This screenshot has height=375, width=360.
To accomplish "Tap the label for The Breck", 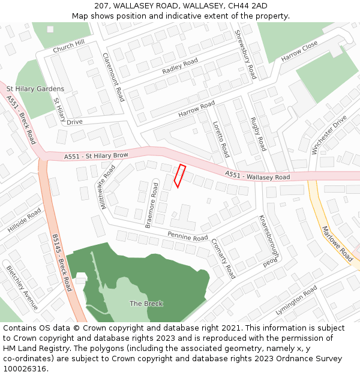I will coord(146,304).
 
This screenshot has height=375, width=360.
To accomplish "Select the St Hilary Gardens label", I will coord(35,89).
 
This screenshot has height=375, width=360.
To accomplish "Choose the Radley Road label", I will coord(179,67).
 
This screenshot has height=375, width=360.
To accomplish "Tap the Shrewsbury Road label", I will coord(246,54).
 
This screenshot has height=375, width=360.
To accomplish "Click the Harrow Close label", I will coord(299,51).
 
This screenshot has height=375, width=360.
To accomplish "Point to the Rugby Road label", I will coord(258,134).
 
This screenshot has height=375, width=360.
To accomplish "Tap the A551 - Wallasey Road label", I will coord(257,176).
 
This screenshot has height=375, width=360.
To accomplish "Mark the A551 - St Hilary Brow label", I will coord(97,156).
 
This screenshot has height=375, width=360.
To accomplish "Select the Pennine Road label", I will coord(188,236).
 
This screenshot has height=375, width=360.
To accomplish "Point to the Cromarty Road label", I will coord(223,259).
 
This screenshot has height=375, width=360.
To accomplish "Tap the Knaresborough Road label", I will coord(269,241).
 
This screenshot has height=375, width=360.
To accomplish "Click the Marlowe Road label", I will coord(337,242).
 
